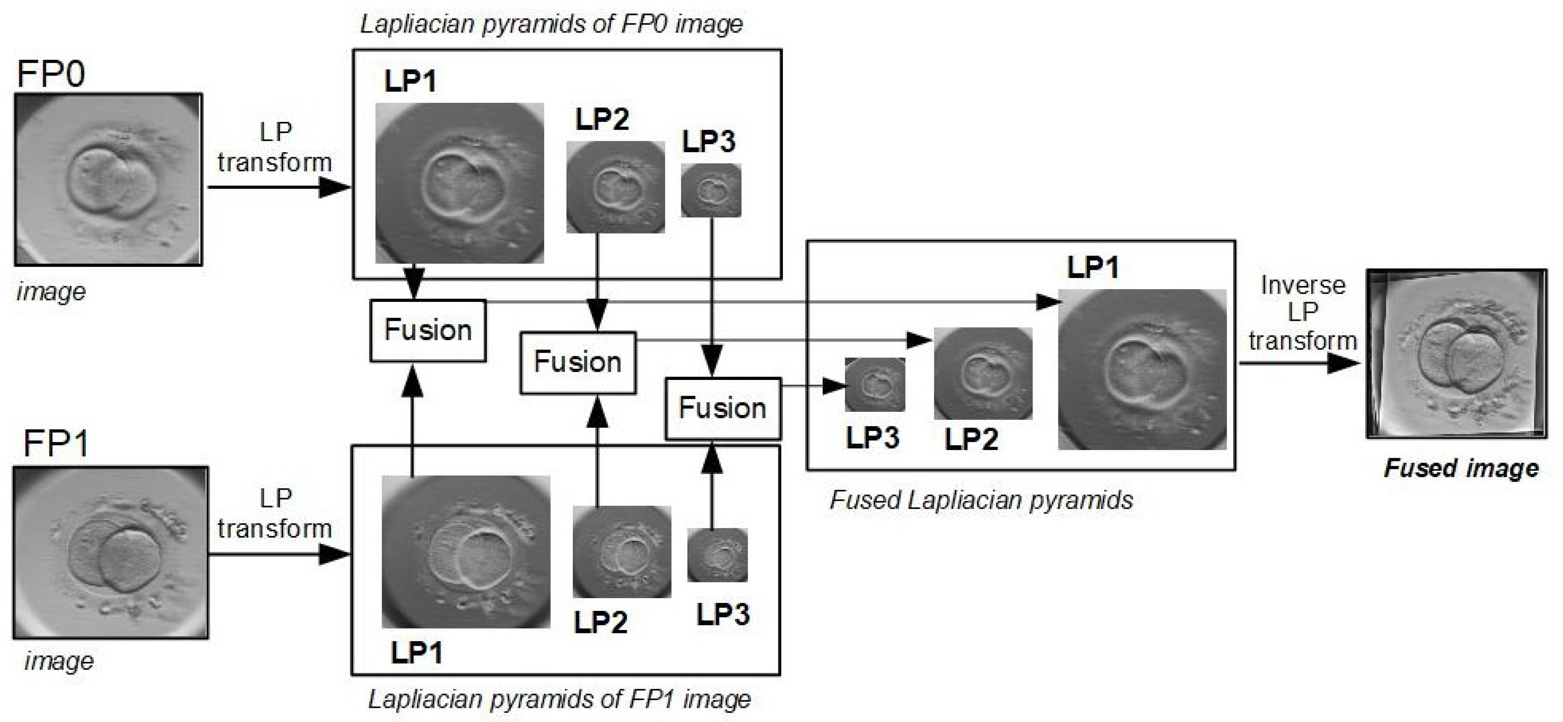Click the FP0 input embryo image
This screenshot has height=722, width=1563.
point(108,179)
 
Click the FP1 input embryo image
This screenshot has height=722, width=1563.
point(110,553)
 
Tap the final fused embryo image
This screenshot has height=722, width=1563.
point(1456,354)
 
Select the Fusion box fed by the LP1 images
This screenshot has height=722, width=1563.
point(428,331)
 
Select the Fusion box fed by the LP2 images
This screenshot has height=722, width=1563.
point(577,362)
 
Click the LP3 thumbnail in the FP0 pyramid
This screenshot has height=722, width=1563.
point(710,190)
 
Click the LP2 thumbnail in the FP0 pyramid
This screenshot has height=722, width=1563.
point(615,187)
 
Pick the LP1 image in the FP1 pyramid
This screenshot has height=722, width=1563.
point(466,551)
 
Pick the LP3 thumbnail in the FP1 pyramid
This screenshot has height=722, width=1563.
point(717,555)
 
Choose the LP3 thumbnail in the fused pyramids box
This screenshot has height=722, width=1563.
point(874,384)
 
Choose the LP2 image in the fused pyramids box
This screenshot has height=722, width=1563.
point(982,373)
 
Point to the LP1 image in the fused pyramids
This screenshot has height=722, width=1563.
point(1142,369)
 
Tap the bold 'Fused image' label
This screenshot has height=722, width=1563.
point(1461,468)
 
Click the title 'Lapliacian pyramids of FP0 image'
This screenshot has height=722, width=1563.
point(551,24)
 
